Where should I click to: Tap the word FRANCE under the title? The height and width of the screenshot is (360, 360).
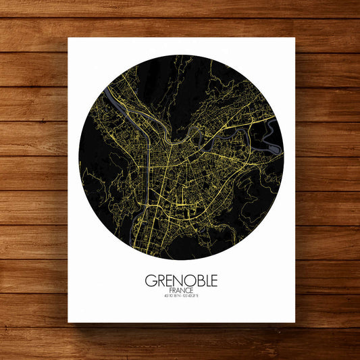tap(181, 290)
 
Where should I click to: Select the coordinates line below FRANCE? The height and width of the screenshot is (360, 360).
tap(181, 297)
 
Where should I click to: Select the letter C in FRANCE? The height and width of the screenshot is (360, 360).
tap(188, 290)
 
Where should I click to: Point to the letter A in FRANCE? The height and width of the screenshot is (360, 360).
tap(176, 290)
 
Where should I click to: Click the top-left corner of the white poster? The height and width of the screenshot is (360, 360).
tap(68, 38)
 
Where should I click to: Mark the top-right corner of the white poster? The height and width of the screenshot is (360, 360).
tap(295, 38)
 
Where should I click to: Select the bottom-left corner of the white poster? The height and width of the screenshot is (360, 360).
tap(68, 322)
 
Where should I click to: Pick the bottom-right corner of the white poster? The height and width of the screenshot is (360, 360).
tap(295, 322)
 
